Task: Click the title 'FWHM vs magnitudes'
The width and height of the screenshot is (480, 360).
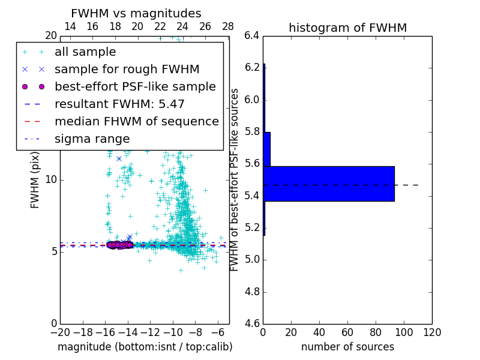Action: [x=136, y=13]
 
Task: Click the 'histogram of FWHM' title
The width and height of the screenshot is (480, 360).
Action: [x=347, y=28]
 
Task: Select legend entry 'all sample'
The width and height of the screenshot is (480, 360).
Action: [x=85, y=52]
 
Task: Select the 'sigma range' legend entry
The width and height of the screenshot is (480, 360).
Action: [x=92, y=139]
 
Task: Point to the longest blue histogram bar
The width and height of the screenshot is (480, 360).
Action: [x=329, y=184]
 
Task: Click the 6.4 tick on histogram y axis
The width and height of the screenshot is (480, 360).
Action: [x=252, y=35]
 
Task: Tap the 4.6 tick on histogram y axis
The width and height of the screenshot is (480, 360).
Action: [x=252, y=323]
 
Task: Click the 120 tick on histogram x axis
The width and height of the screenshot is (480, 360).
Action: [x=432, y=332]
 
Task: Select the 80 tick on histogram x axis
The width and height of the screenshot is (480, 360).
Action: [x=376, y=332]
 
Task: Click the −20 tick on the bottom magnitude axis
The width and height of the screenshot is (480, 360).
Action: [x=60, y=332]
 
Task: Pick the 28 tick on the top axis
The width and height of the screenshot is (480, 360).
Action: [x=228, y=27]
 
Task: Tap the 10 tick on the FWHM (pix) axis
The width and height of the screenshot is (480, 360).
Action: [x=51, y=179]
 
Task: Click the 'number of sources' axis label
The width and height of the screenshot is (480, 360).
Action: [x=347, y=347]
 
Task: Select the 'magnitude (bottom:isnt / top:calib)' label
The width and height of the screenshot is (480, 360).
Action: [x=145, y=347]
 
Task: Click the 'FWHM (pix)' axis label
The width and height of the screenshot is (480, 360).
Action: [x=35, y=179]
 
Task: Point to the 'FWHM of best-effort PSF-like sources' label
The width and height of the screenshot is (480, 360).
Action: [x=235, y=179]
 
